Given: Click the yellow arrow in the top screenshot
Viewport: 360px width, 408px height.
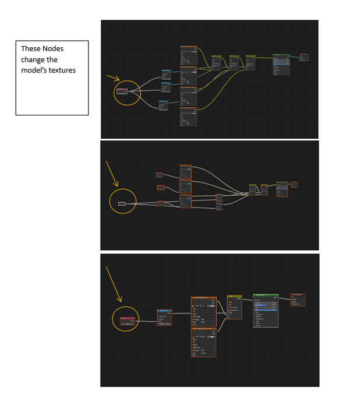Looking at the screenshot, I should pos(114,78).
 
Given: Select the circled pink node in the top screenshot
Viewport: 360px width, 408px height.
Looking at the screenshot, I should pos(122,91).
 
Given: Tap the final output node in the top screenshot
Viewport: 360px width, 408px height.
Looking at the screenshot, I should pos(303,57).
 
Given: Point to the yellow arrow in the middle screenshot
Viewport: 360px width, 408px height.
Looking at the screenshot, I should pos(112,175).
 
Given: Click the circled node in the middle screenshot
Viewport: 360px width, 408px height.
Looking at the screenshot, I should pos(122,203).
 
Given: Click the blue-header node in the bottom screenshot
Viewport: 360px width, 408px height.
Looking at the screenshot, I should pos(164,316).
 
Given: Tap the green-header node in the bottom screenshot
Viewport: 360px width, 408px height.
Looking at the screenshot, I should pos(266,310).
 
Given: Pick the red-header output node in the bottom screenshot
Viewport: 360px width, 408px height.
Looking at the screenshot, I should pos(298,299).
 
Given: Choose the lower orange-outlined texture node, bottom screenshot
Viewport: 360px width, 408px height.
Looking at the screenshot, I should pos(204,342).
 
